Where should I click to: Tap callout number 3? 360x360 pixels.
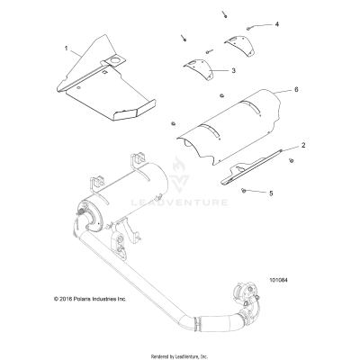(233, 69)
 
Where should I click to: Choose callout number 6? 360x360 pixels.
(294, 91)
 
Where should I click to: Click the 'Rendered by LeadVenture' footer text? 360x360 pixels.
(180, 354)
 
